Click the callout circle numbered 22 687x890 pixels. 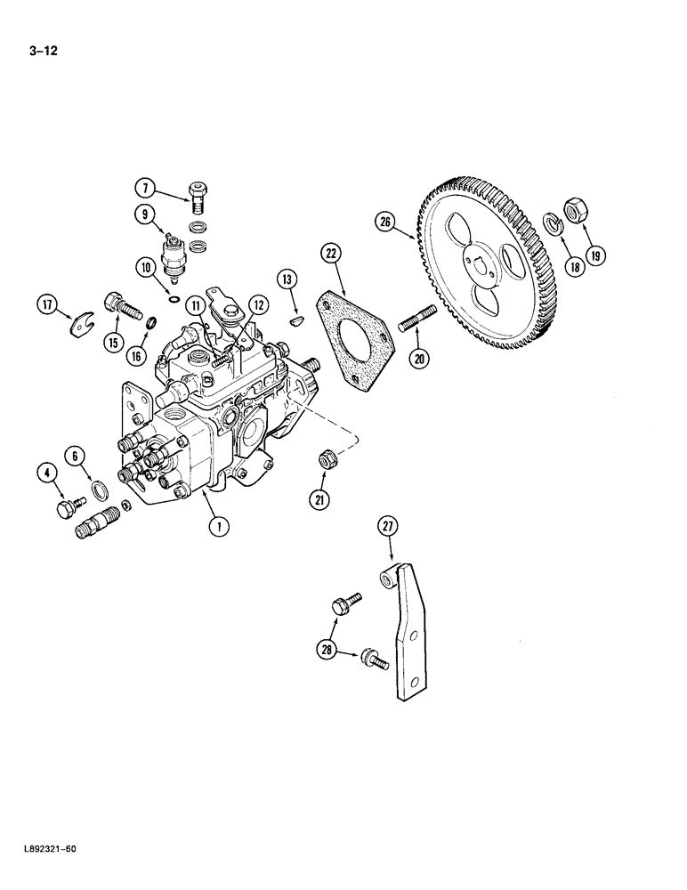330,255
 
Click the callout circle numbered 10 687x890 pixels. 145,266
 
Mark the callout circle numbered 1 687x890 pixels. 215,526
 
